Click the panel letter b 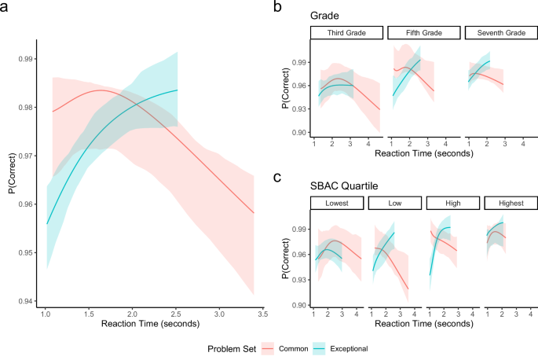(x=277, y=7)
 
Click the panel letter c (x=277, y=178)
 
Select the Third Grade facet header (x=346, y=33)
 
